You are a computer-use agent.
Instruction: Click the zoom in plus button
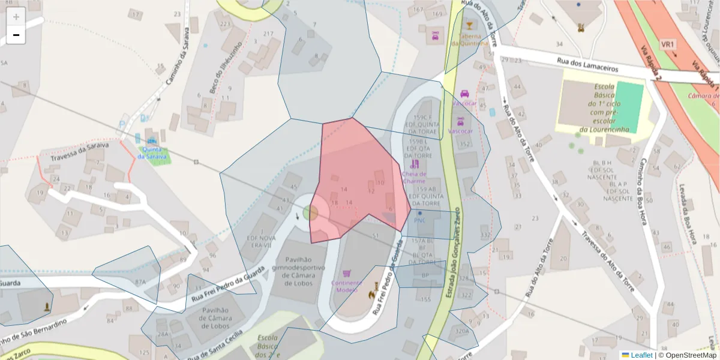coord(16,17)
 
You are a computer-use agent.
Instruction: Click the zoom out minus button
coord(16,35)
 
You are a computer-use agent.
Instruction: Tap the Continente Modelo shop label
coord(347,286)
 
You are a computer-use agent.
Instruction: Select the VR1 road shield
coord(668,45)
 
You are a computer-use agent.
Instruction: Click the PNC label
coord(419,220)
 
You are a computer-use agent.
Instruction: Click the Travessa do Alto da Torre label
coord(608,259)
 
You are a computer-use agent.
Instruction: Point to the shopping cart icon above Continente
coord(347,273)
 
